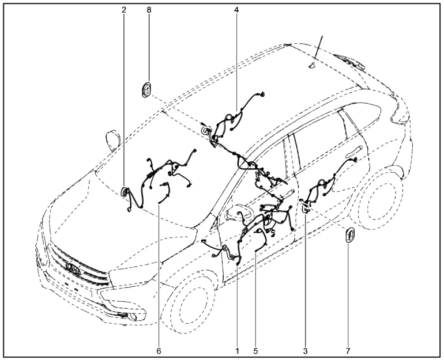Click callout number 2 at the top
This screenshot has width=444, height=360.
tap(124, 10)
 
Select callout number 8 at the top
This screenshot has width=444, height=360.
tap(149, 10)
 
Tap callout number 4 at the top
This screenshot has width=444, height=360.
tap(236, 10)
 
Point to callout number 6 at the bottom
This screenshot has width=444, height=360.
tap(159, 351)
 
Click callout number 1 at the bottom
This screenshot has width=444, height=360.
tap(238, 351)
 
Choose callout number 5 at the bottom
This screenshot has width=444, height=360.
tap(255, 351)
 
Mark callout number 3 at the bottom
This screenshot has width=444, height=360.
tap(305, 351)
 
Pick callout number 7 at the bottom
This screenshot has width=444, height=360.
tap(348, 351)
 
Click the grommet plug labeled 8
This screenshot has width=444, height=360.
tap(146, 89)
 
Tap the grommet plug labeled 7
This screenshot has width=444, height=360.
tap(349, 234)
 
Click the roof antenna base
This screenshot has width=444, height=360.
tap(313, 66)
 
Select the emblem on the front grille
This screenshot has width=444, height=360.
tap(73, 268)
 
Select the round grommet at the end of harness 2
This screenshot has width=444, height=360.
tap(124, 192)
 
